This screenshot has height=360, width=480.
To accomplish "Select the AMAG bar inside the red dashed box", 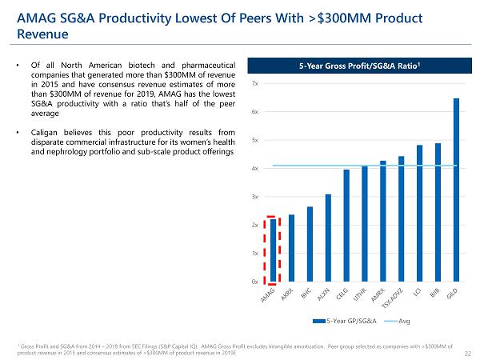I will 273,250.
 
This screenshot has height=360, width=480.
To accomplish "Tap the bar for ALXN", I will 328,238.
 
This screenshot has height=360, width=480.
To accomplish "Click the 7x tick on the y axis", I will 254,84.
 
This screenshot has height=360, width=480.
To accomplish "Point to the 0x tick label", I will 254,282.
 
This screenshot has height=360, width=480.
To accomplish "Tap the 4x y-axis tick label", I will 254,169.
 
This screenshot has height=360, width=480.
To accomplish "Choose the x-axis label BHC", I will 306,295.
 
